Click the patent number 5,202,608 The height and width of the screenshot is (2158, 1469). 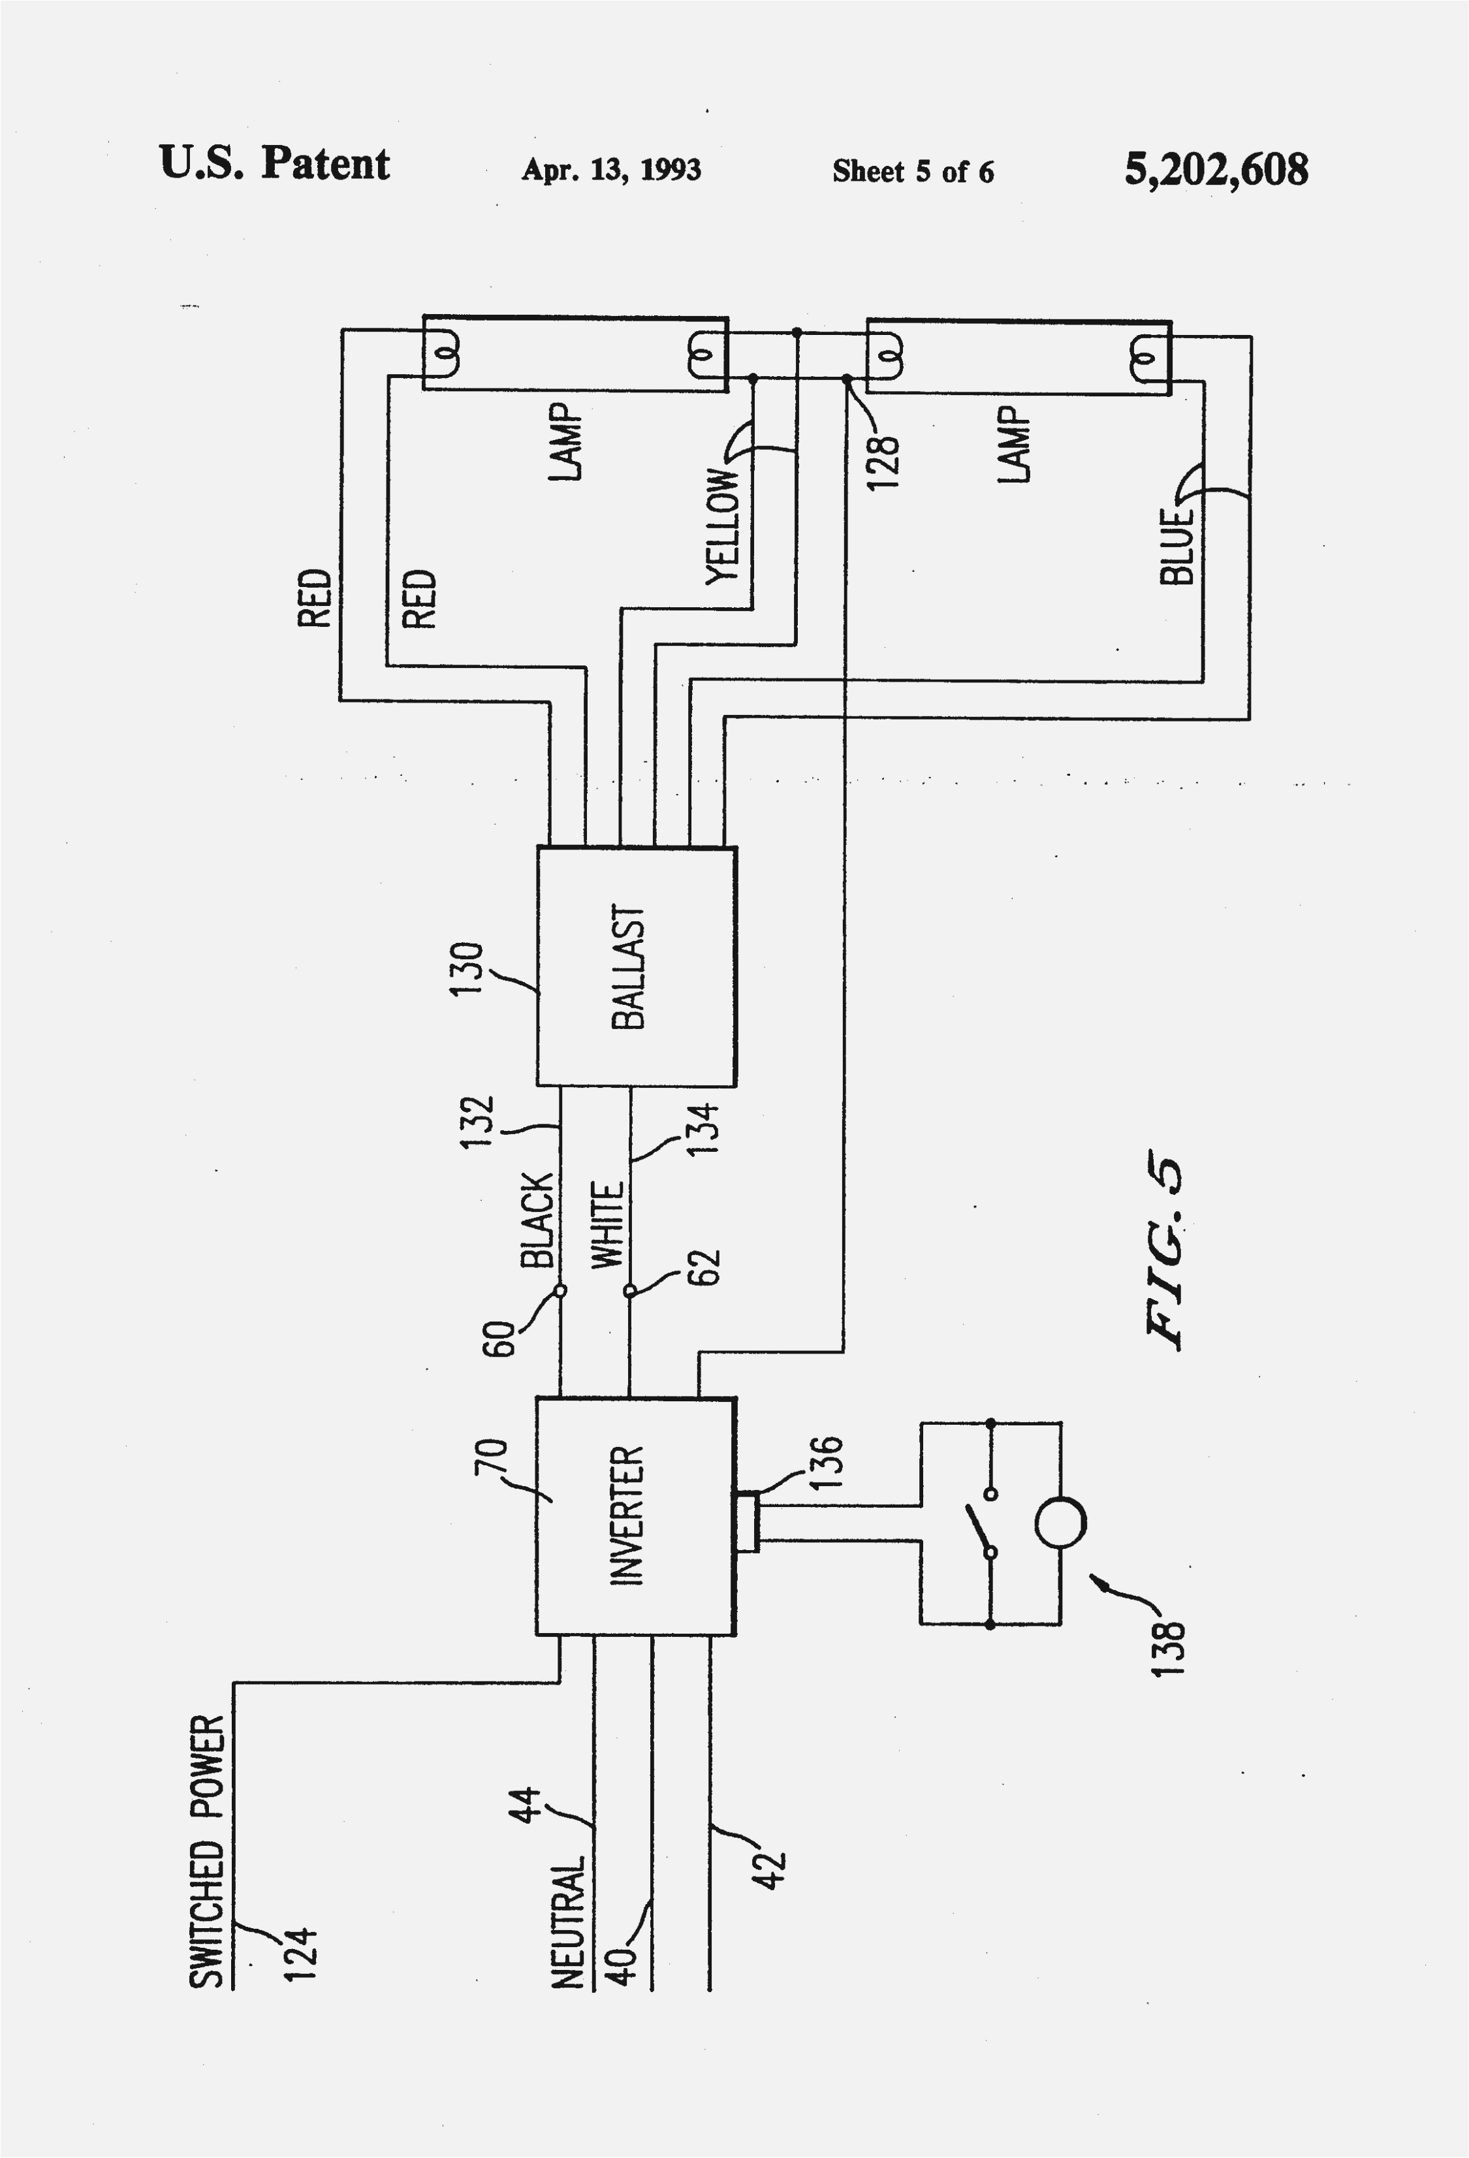[x=1216, y=170]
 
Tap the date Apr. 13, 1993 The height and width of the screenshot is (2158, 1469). [x=611, y=170]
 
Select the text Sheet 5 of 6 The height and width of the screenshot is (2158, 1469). [x=912, y=172]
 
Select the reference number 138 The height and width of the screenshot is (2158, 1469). [x=1167, y=1647]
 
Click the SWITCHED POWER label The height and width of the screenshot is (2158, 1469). [x=207, y=1852]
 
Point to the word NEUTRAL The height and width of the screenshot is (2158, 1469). [x=568, y=1922]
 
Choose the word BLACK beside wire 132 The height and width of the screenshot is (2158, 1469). [x=537, y=1220]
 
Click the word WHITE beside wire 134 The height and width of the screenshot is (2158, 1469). [x=607, y=1226]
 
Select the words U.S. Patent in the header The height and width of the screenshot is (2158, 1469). [x=275, y=165]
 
